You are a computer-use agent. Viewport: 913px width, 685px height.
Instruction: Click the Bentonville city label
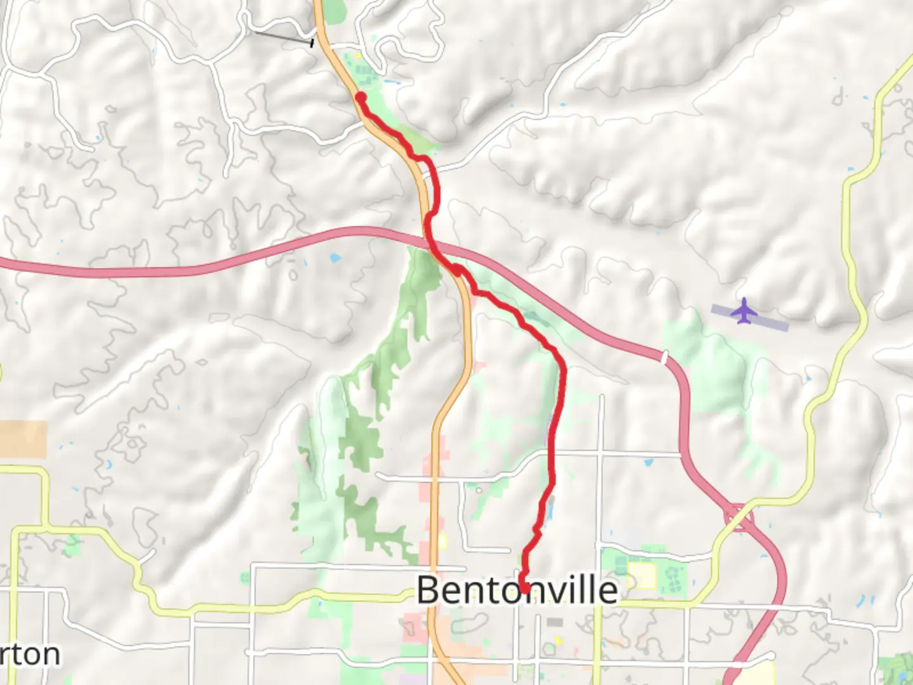tap(517, 590)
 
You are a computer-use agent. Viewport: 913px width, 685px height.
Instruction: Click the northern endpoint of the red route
tap(360, 97)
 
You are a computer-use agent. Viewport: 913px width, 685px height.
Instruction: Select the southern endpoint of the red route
tap(524, 587)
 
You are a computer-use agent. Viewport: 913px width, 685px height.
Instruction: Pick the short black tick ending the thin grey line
tap(311, 43)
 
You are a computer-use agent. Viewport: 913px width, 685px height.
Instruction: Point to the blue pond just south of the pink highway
tap(334, 258)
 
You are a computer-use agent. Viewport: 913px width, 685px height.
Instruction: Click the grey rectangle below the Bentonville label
tap(556, 622)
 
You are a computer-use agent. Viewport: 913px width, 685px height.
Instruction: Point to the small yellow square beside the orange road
tap(442, 541)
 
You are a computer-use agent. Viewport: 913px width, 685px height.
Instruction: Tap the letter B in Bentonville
tap(428, 590)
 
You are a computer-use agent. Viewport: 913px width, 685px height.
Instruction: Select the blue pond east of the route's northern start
tap(390, 82)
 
